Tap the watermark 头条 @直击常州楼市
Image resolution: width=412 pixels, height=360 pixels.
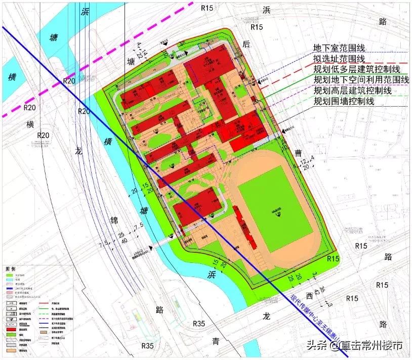pos(354,346)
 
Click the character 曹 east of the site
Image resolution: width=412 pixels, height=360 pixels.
pos(298,152)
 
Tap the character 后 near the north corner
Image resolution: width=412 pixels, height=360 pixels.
pos(247,44)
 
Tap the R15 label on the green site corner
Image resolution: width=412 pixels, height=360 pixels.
pos(333,258)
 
